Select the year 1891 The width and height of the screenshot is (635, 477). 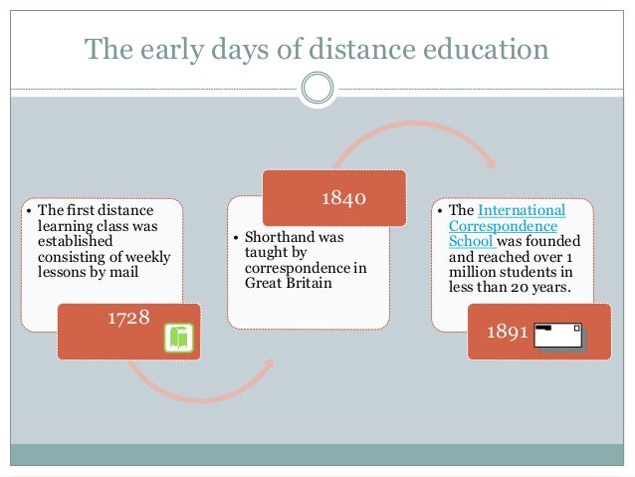click(507, 332)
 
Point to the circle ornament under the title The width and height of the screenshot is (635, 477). click(317, 89)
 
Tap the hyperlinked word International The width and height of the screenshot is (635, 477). click(522, 210)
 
